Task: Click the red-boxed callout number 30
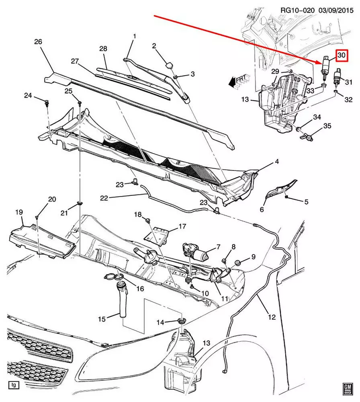[341, 56]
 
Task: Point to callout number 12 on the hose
[272, 317]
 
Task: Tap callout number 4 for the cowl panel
[277, 162]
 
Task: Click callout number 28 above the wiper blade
[103, 49]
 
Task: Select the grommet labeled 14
[182, 321]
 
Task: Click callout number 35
[327, 126]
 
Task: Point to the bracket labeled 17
[159, 234]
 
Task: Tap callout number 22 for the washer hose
[104, 198]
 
